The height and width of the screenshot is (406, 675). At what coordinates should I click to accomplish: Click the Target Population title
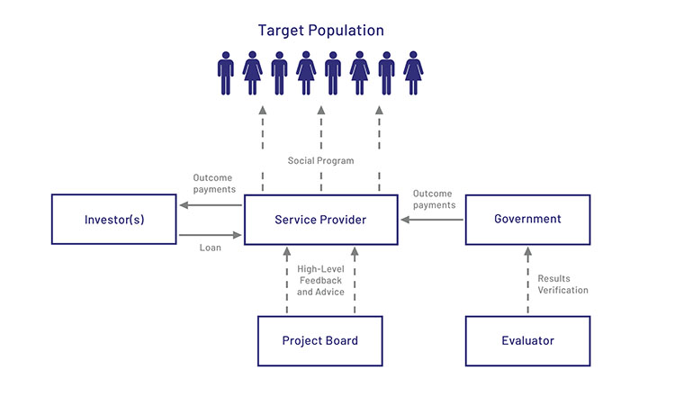321,31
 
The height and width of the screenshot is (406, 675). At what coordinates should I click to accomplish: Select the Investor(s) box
114,219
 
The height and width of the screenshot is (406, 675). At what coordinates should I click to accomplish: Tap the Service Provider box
321,219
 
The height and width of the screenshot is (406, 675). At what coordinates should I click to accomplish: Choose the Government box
527,219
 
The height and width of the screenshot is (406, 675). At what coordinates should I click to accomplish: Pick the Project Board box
319,340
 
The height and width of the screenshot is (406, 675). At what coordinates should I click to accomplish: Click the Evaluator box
527,340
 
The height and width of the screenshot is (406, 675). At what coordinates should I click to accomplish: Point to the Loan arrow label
210,247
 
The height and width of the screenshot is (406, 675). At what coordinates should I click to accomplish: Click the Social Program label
321,160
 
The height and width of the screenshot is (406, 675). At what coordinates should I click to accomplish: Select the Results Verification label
562,284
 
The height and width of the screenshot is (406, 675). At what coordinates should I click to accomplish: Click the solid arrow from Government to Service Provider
432,219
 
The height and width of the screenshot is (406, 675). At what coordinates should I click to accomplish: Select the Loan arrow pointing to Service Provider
211,235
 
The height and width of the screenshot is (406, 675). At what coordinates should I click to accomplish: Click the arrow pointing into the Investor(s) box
211,205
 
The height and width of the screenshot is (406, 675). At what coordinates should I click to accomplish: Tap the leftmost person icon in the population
227,73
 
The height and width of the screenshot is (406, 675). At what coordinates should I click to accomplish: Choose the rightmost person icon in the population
413,73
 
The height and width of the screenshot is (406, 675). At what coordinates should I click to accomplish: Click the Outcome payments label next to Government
434,199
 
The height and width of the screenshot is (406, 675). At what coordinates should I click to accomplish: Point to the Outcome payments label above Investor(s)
214,183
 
